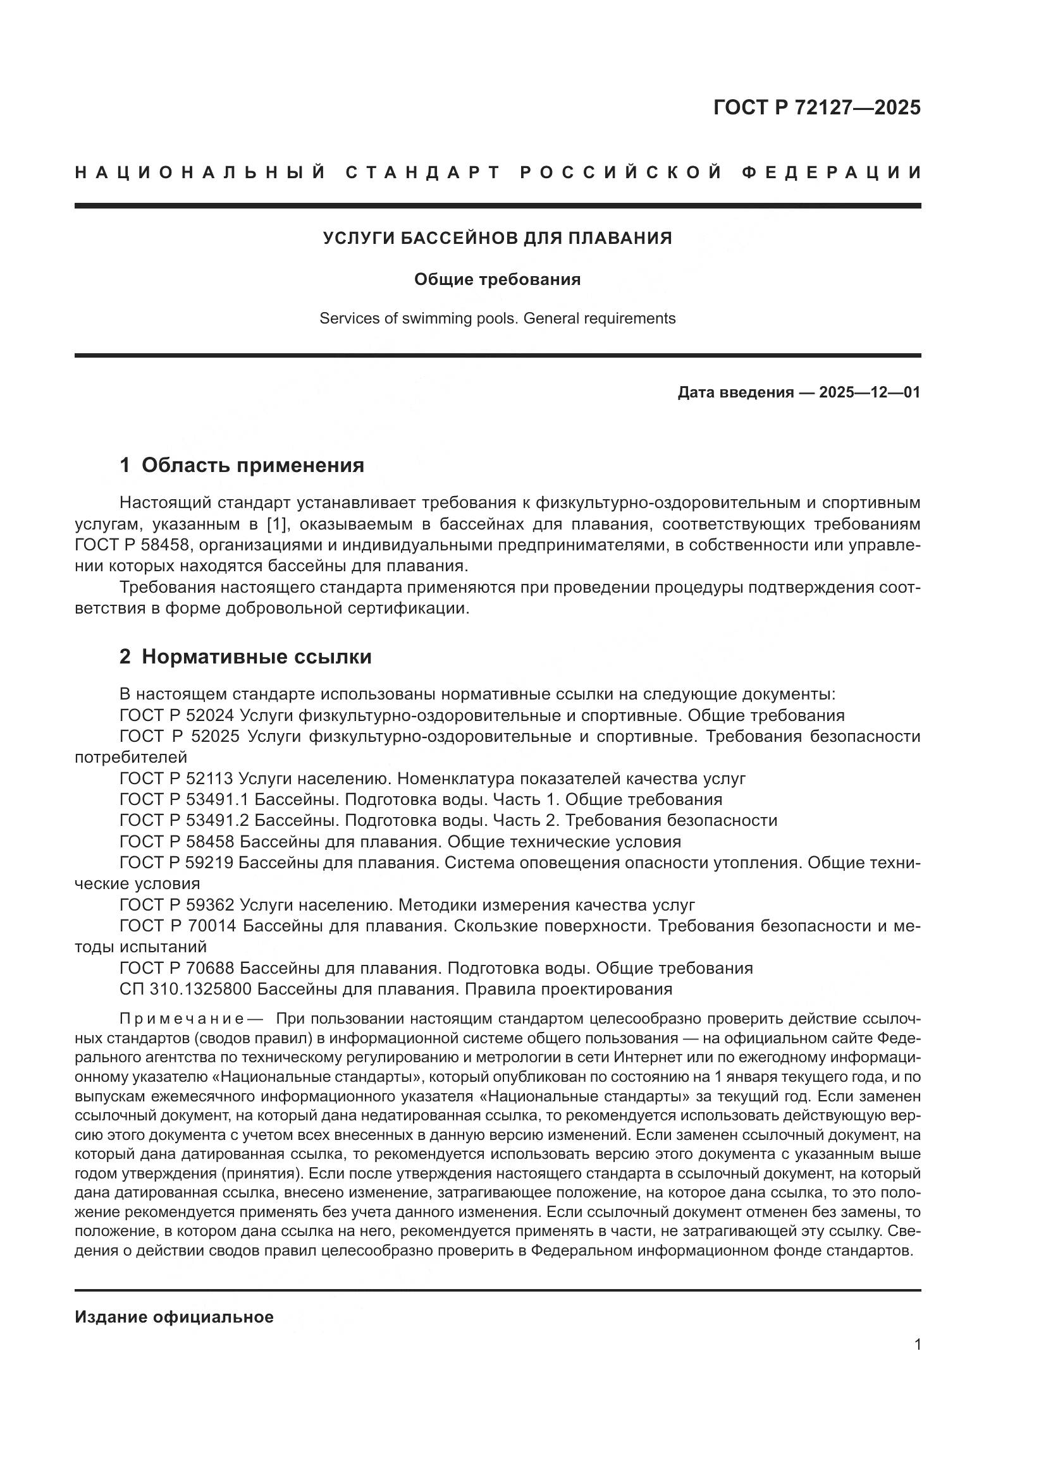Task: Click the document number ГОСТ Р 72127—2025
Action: point(816,107)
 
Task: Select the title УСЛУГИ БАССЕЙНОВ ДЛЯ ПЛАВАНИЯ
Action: point(497,238)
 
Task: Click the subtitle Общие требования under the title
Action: point(497,279)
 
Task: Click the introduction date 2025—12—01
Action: point(869,392)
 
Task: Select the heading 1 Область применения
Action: point(242,465)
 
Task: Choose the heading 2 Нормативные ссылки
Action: point(245,657)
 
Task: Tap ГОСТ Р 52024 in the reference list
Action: point(176,715)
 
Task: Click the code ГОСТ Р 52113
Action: point(176,778)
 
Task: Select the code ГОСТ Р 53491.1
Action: point(183,799)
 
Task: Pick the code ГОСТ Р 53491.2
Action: point(183,821)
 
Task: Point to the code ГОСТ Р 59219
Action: point(176,863)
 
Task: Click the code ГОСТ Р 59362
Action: point(176,905)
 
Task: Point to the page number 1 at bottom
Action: point(917,1345)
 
